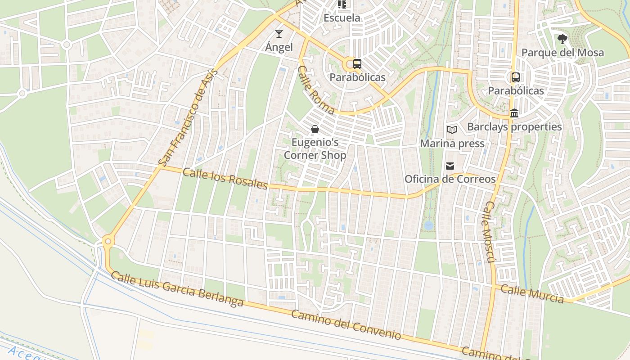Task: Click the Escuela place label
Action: [x=342, y=18]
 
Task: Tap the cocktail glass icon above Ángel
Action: [x=279, y=34]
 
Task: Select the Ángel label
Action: [x=279, y=47]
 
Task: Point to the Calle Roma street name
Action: [x=316, y=90]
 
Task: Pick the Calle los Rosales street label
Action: [x=225, y=179]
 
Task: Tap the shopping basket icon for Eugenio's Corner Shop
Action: [x=315, y=130]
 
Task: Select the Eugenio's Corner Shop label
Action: [x=315, y=149]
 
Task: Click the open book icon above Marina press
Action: [x=452, y=130]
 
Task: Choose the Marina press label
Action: [x=452, y=144]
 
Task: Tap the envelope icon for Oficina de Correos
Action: [x=450, y=166]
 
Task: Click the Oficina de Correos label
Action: [x=450, y=179]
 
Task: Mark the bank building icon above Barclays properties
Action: [x=514, y=113]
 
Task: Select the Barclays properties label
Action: [x=514, y=127]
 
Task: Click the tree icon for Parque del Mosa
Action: [x=562, y=39]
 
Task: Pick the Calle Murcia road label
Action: [x=532, y=293]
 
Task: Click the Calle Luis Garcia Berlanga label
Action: [x=177, y=289]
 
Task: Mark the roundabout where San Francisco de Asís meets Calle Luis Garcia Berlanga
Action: [x=107, y=242]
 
